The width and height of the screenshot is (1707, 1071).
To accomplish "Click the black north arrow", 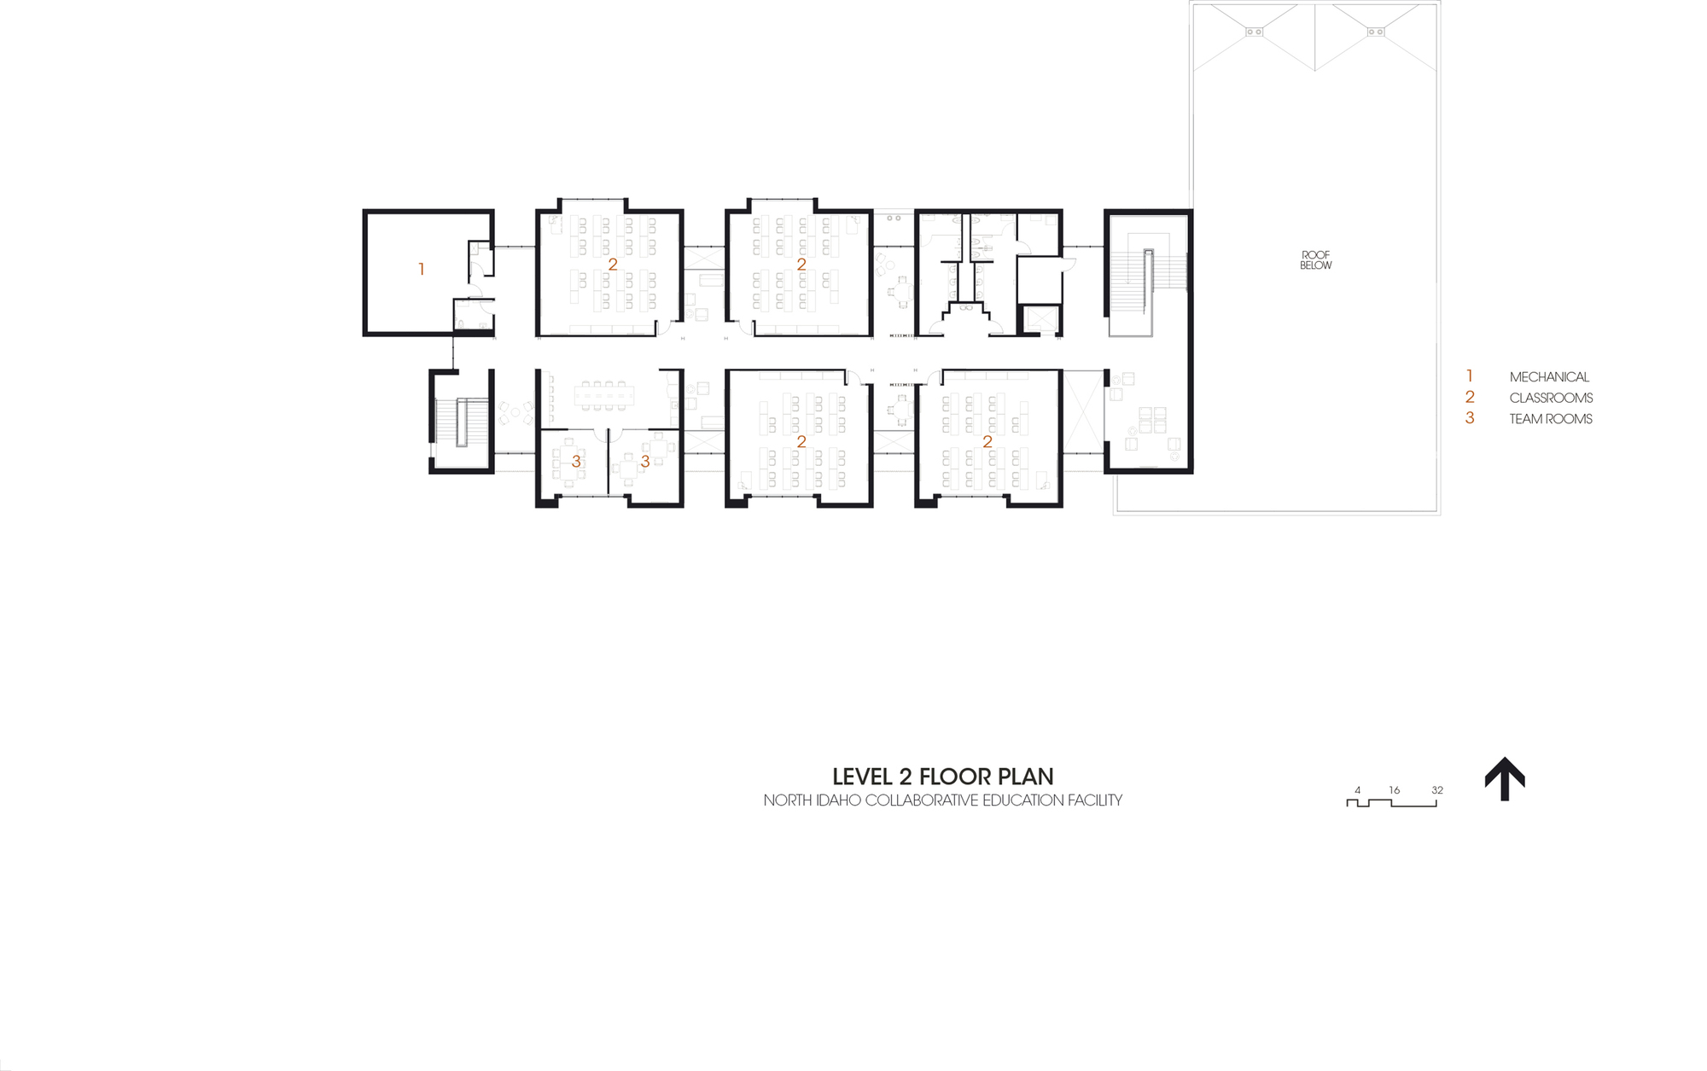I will (x=1505, y=778).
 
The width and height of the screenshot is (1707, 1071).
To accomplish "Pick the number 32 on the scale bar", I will (x=1437, y=790).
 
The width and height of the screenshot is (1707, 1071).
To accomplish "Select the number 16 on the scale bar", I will (x=1394, y=790).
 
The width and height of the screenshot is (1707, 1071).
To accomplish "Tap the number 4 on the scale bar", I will (x=1357, y=790).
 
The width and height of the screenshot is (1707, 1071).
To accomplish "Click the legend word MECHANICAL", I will (x=1549, y=377).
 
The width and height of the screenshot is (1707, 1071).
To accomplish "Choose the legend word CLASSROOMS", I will (x=1551, y=398).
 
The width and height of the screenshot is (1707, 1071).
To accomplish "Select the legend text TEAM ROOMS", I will (x=1551, y=419).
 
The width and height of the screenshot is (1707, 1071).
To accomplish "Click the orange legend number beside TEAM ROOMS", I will (x=1470, y=418).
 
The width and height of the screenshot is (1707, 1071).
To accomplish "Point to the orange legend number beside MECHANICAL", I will (x=1470, y=376).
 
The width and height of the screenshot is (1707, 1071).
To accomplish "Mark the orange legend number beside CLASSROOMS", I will (x=1470, y=397).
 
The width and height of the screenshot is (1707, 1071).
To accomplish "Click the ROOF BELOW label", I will (x=1315, y=260).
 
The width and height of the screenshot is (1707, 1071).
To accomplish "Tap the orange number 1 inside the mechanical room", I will (x=422, y=270).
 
